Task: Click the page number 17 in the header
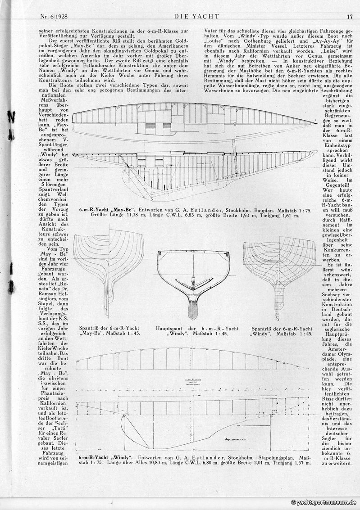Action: click(x=350, y=17)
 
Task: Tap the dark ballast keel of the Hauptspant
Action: click(x=193, y=311)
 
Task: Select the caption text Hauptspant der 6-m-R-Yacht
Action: click(x=193, y=329)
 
